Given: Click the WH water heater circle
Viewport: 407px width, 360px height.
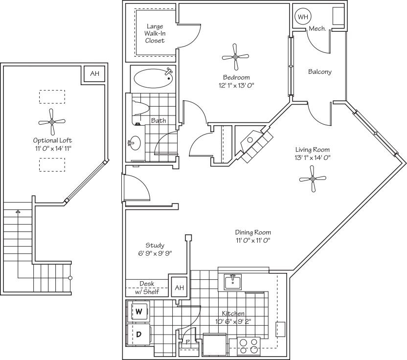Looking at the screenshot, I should [303, 17].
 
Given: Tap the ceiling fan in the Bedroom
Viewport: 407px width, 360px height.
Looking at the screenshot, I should [236, 57].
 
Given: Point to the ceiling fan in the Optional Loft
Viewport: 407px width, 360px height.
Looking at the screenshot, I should [51, 122].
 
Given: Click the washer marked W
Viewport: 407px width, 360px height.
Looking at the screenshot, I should [138, 311].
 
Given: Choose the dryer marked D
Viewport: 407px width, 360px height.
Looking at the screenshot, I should [138, 335].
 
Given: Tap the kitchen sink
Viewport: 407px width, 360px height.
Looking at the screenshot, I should [233, 282].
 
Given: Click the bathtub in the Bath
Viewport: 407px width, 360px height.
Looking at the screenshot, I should [154, 78].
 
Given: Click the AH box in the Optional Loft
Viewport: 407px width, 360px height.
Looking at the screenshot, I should [94, 74].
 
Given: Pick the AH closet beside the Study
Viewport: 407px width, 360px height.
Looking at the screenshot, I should [179, 288].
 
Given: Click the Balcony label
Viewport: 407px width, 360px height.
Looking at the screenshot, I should [319, 72].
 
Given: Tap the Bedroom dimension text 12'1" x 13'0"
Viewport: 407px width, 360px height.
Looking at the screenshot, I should [236, 85].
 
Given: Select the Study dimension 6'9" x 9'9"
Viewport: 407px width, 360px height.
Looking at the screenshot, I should [155, 253].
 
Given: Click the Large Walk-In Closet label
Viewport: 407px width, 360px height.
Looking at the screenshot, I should [155, 33].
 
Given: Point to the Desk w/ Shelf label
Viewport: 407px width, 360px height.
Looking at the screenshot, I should [147, 288].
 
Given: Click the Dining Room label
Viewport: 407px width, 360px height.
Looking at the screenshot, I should [253, 232].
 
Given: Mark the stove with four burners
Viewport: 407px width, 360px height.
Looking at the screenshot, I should [249, 345].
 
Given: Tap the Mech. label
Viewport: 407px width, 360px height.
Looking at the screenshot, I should [317, 29].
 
